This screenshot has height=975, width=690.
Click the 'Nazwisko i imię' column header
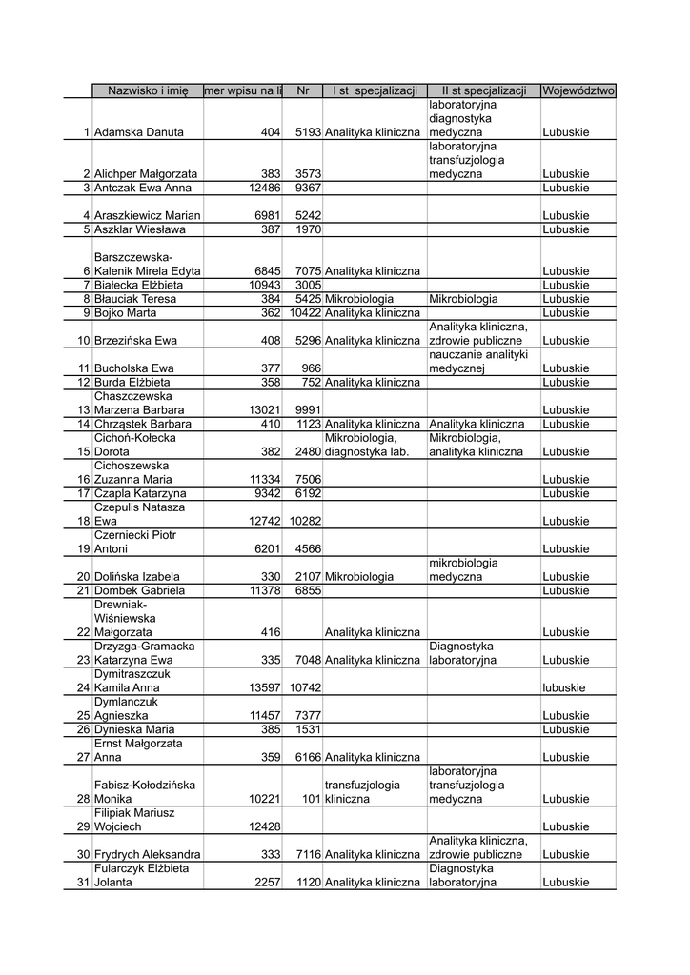coord(148,90)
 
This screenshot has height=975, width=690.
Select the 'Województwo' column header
coord(578,90)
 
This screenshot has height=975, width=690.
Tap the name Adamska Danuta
coord(139,132)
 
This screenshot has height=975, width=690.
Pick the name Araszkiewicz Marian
coord(147,216)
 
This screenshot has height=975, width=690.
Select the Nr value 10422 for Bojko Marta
coord(305,312)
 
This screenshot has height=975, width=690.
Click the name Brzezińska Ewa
coord(133,340)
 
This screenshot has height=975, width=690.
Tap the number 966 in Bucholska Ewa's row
coord(311,368)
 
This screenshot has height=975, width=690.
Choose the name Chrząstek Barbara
coord(142,424)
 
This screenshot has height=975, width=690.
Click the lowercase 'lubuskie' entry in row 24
coord(565,687)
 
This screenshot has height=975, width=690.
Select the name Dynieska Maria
coord(133,729)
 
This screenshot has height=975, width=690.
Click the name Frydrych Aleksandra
coord(147,855)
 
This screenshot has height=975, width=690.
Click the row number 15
coord(83,451)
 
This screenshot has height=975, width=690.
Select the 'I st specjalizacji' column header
coord(375,90)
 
